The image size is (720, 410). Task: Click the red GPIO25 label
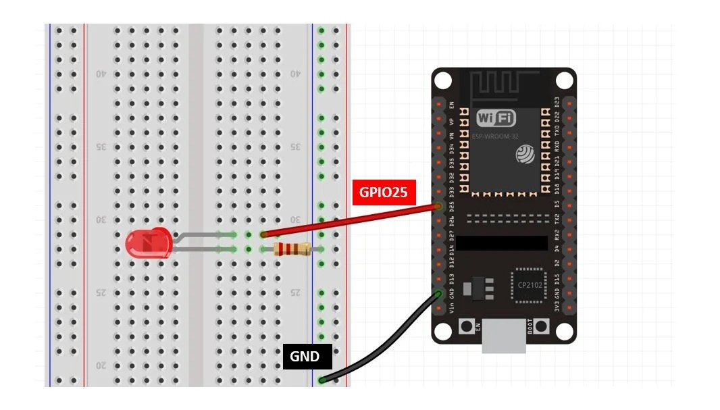click(x=383, y=192)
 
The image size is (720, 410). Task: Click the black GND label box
click(x=304, y=356)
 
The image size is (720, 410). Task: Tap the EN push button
click(x=467, y=327)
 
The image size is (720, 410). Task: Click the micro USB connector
click(x=505, y=336)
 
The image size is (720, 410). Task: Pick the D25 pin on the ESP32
click(x=440, y=206)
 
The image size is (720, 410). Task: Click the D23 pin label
click(x=557, y=102)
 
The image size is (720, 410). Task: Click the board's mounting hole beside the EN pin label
click(x=442, y=80)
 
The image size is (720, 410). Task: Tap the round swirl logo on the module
click(x=525, y=155)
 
